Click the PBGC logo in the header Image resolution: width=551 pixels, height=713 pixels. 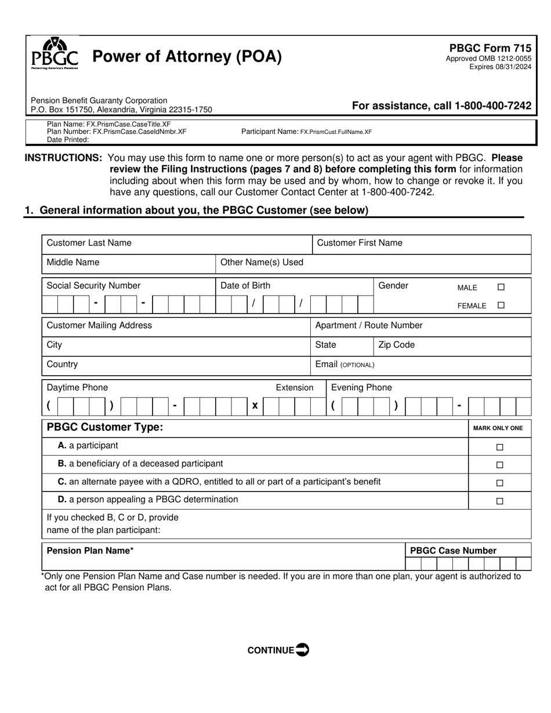[55, 53]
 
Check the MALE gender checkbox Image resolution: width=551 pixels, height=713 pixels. [501, 287]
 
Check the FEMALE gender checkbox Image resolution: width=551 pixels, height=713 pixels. [501, 305]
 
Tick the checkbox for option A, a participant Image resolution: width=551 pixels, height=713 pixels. [499, 447]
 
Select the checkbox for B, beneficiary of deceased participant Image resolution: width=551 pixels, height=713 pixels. [499, 465]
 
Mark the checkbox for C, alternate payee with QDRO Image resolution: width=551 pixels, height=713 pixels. [499, 483]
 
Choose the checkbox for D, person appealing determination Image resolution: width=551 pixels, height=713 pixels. [499, 501]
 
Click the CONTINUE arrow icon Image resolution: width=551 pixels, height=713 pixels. [302, 649]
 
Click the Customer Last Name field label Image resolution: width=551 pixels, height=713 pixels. [89, 243]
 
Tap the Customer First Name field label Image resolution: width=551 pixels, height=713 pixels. [359, 243]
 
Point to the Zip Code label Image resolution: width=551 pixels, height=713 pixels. [396, 345]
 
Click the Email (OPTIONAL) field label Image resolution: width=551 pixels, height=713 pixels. [345, 365]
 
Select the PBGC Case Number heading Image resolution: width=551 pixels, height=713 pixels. [453, 551]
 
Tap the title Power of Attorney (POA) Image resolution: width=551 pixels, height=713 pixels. [187, 57]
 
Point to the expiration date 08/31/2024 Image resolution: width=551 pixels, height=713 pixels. [511, 67]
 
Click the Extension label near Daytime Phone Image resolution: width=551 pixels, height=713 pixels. [294, 388]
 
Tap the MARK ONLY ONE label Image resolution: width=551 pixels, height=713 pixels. [498, 428]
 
